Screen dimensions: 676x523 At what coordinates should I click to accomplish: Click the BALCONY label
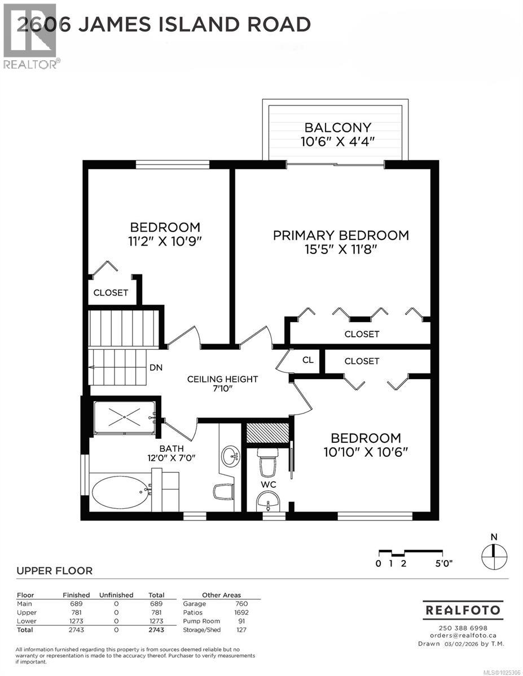(337, 127)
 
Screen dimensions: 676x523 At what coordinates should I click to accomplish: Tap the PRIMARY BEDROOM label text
(341, 235)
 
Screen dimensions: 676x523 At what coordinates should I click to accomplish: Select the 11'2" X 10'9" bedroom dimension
(165, 242)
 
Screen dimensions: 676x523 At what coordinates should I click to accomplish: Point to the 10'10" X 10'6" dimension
(366, 452)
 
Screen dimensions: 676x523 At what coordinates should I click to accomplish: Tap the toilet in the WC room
(267, 465)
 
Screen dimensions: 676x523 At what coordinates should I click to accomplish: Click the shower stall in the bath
(124, 417)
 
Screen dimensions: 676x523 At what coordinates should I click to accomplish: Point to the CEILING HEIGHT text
(222, 379)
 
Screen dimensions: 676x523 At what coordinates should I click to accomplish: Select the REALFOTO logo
(463, 610)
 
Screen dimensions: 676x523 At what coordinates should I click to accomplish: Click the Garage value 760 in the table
(242, 604)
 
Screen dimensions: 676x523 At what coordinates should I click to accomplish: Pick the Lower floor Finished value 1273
(76, 621)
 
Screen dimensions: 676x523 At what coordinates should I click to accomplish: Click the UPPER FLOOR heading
(54, 571)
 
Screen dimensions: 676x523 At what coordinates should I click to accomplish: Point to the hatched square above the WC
(267, 432)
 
